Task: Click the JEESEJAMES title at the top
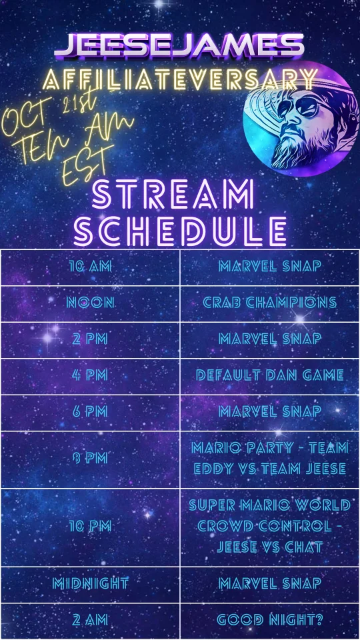pyautogui.click(x=179, y=45)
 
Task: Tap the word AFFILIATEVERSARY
pyautogui.click(x=180, y=79)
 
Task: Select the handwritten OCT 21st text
pyautogui.click(x=49, y=112)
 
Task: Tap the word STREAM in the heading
pyautogui.click(x=173, y=195)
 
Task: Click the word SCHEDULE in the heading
pyautogui.click(x=180, y=231)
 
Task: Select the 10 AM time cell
pyautogui.click(x=90, y=267)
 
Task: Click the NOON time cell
pyautogui.click(x=90, y=303)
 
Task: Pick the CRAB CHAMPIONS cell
pyautogui.click(x=269, y=303)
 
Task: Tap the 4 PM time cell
pyautogui.click(x=90, y=375)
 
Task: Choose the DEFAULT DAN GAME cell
pyautogui.click(x=269, y=375)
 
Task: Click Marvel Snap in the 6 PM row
pyautogui.click(x=269, y=412)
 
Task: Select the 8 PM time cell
pyautogui.click(x=90, y=459)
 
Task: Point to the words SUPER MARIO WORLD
pyautogui.click(x=269, y=506)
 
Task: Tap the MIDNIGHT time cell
pyautogui.click(x=90, y=584)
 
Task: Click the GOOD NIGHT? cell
pyautogui.click(x=269, y=621)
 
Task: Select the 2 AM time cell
pyautogui.click(x=90, y=621)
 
